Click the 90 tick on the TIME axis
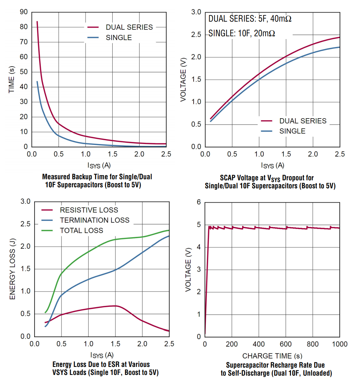[24, 12]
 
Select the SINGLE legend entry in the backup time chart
[119, 38]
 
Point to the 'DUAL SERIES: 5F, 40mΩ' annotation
[250, 19]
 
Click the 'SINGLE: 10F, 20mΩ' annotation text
[242, 34]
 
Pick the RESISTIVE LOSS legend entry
[89, 210]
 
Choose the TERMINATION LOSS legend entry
[95, 220]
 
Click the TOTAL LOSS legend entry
[81, 230]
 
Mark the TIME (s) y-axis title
[12, 80]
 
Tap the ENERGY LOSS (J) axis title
[13, 269]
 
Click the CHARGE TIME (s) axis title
[272, 356]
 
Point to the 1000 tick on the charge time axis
[339, 345]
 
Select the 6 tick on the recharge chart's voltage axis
[199, 202]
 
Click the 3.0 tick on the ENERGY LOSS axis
[26, 202]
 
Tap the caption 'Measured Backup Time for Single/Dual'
[97, 177]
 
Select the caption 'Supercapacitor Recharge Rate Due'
[275, 365]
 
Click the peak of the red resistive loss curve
[115, 306]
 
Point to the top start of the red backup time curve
[37, 22]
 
